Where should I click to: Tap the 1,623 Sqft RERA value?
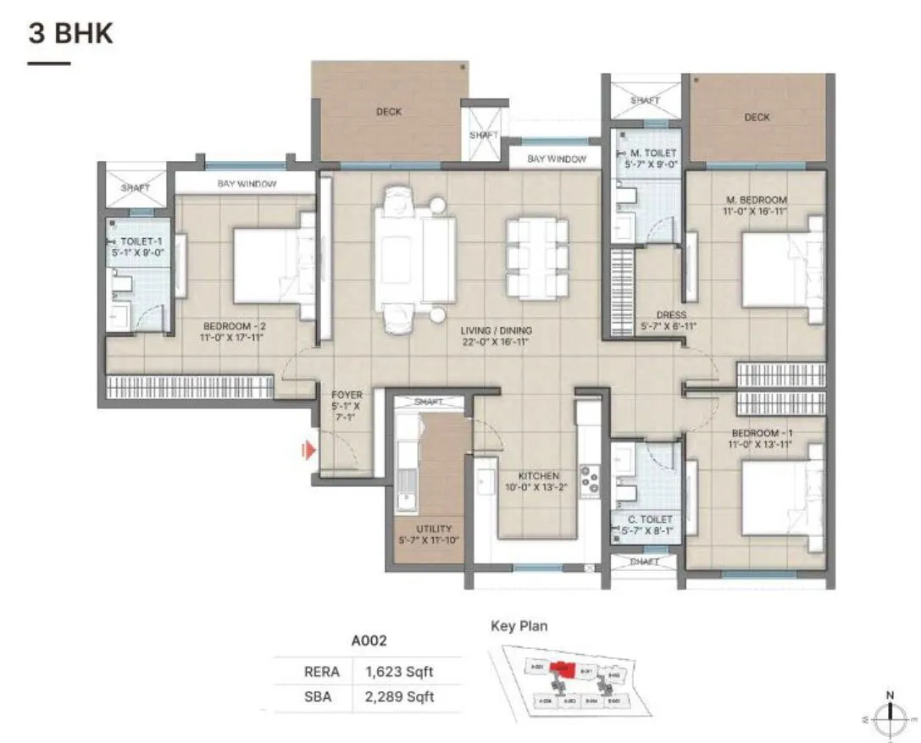coord(399,672)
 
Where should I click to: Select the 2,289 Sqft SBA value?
coord(399,696)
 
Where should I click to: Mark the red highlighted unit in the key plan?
coord(559,668)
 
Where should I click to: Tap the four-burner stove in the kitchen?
coord(590,480)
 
